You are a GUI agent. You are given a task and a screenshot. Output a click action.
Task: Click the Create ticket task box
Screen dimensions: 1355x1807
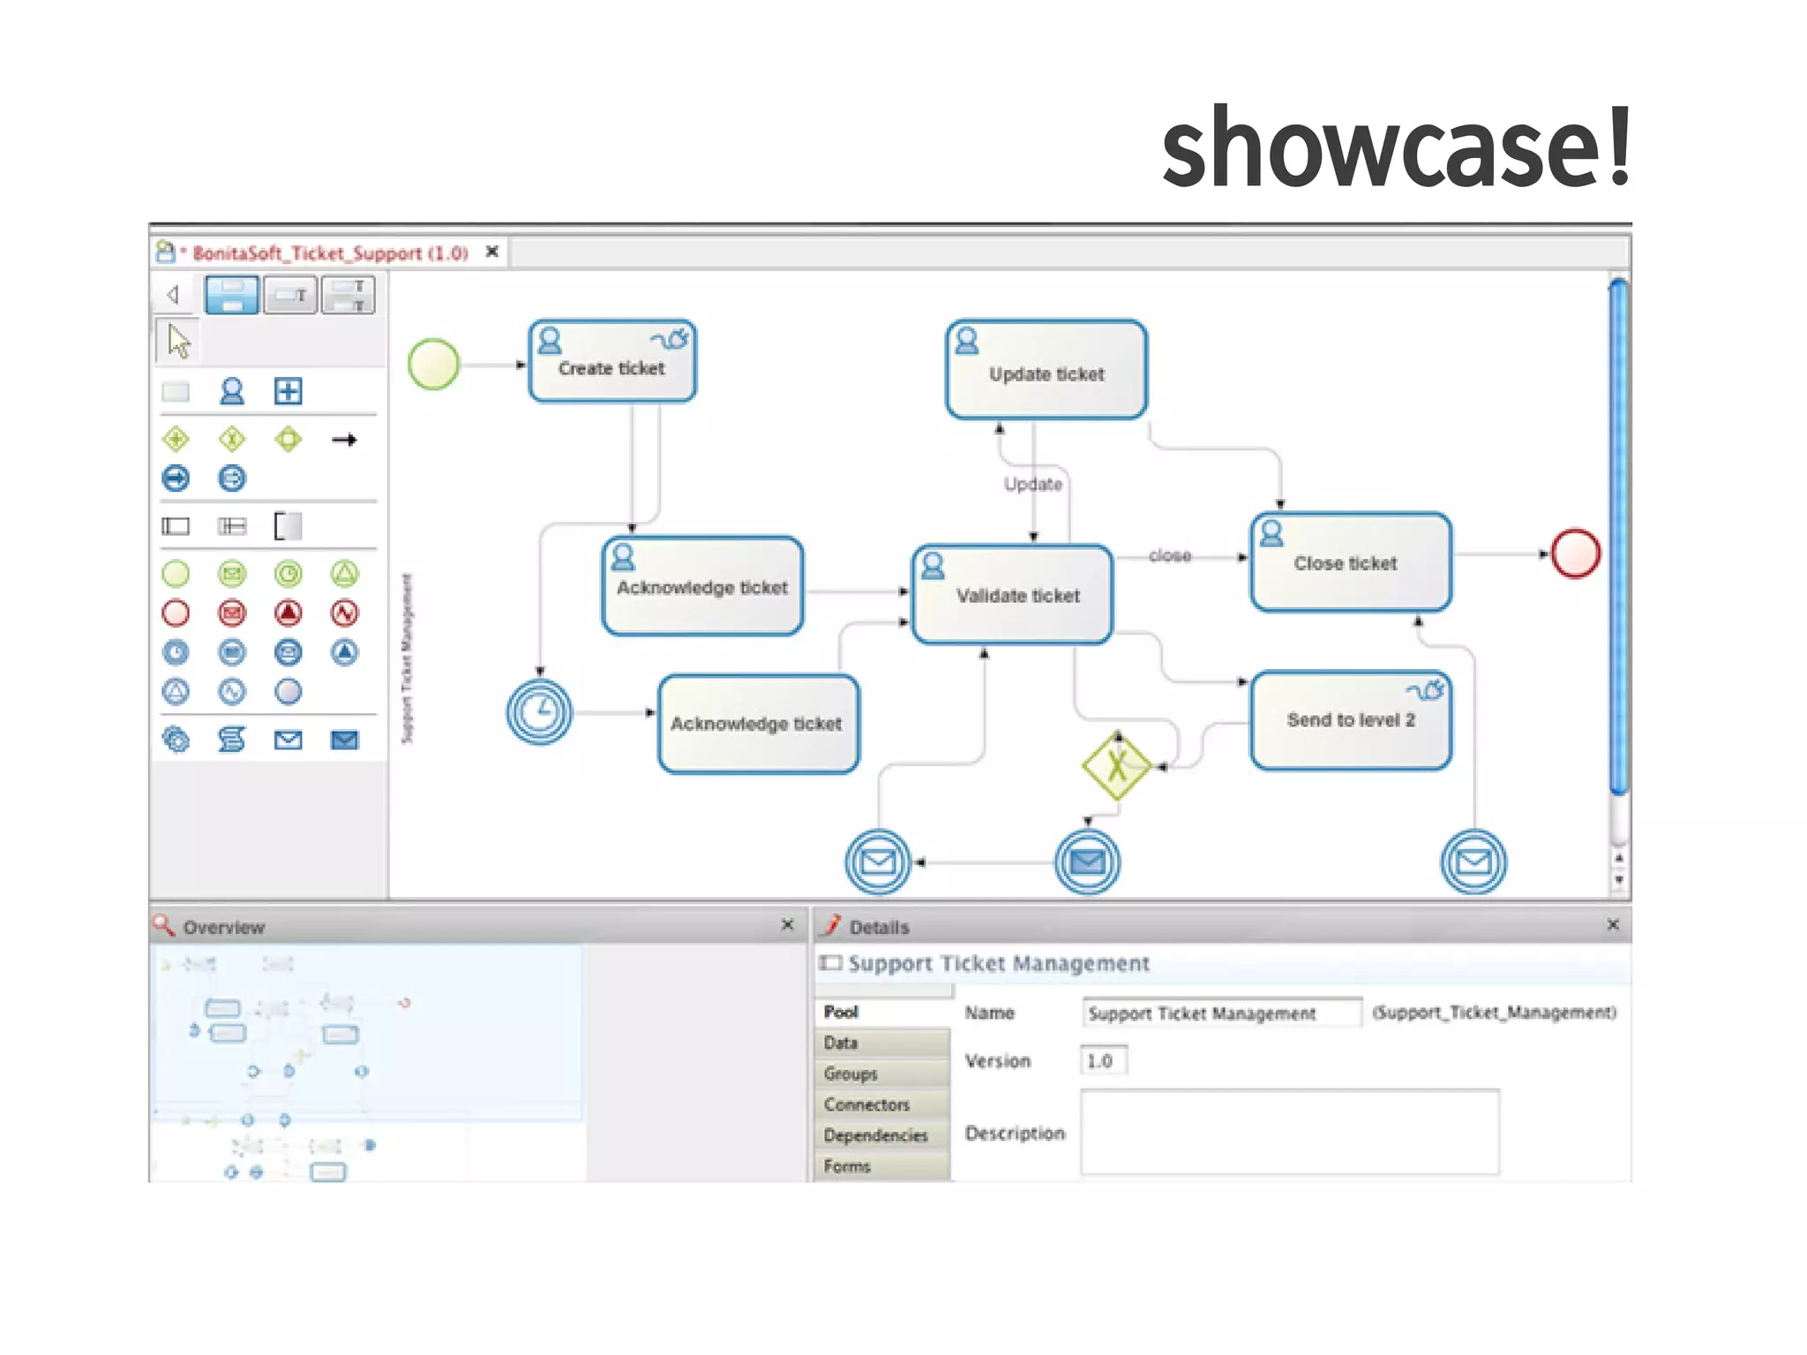click(611, 362)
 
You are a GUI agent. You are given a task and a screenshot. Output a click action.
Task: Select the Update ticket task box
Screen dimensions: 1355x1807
click(1046, 371)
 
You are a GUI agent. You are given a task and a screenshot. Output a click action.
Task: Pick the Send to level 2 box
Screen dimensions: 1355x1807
click(1350, 719)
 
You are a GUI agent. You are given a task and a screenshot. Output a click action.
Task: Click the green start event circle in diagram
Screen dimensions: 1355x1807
click(433, 364)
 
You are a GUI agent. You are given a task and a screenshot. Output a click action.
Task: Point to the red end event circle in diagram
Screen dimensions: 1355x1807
click(1575, 553)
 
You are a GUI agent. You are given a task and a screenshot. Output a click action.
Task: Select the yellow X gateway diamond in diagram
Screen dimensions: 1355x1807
click(1117, 765)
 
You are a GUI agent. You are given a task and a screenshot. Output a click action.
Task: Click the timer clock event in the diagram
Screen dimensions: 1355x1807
click(539, 711)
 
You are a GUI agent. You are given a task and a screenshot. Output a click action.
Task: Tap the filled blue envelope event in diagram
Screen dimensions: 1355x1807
click(1087, 862)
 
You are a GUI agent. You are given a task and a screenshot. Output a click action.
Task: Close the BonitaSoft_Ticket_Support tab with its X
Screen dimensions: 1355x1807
click(492, 252)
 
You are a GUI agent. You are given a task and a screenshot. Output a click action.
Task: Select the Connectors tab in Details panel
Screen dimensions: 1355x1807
click(866, 1104)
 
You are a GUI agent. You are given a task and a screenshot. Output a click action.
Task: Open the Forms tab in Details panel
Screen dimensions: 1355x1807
click(847, 1166)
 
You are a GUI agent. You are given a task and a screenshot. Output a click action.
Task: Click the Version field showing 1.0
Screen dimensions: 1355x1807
click(1103, 1060)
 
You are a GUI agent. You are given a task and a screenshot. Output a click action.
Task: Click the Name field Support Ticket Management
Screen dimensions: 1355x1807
click(1220, 1013)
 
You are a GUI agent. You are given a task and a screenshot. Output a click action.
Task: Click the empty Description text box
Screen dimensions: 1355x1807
click(1288, 1132)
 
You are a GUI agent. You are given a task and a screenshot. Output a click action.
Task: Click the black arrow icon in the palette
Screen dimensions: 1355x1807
click(344, 440)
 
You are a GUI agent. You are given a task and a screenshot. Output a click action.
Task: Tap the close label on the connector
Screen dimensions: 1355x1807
click(1170, 555)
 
